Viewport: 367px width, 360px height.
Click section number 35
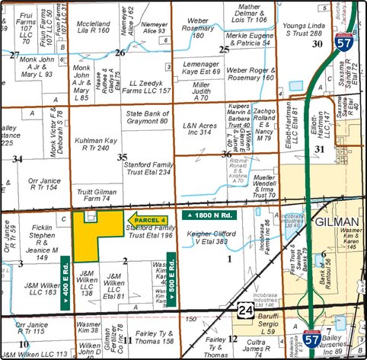(122, 157)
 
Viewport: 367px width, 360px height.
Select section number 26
(120, 53)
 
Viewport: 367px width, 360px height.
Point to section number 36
(226, 155)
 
